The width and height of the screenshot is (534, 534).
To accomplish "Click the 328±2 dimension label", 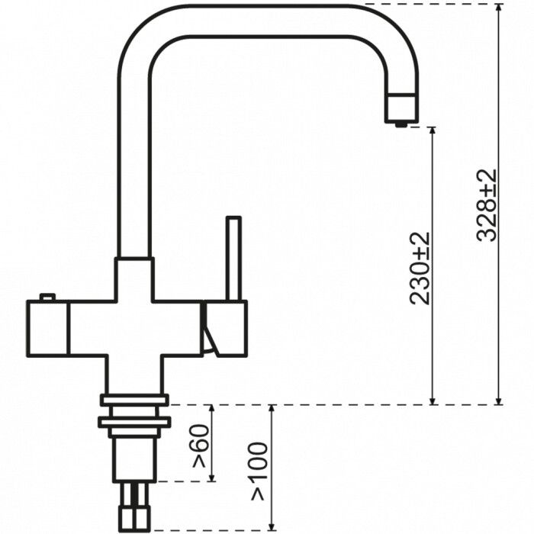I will tap(486, 204).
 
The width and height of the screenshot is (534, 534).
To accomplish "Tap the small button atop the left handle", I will tap(47, 297).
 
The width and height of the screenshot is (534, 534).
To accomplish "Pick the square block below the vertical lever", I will tap(225, 328).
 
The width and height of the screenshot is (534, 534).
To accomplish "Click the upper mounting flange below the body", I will tap(134, 400).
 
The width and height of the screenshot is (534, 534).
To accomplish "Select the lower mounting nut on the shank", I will tap(134, 421).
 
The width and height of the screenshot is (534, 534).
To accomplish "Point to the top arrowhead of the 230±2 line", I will tap(433, 132).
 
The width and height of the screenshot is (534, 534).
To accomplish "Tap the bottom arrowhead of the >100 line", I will tap(272, 526).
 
